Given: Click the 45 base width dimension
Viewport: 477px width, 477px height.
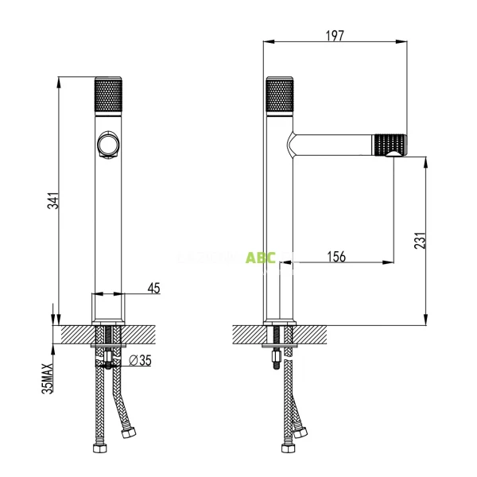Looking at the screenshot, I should (154, 288).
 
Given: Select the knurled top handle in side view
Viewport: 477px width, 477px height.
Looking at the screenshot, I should (278, 95).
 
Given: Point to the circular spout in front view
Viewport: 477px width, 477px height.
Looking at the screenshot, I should (107, 145).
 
